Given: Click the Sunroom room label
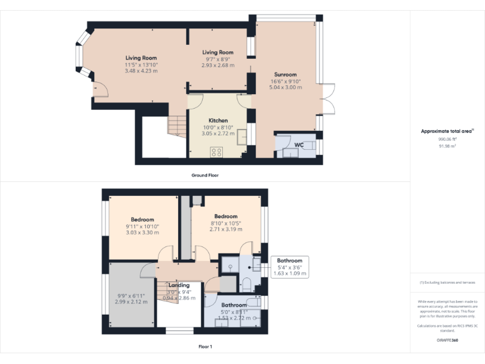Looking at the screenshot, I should (285, 73).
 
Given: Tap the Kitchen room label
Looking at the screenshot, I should (218, 120).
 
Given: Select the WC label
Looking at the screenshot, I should (299, 145).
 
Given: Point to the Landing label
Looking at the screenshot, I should (179, 285).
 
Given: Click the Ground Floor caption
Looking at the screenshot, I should (205, 174).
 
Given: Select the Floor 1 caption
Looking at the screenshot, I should (205, 346).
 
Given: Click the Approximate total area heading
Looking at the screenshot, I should (447, 131).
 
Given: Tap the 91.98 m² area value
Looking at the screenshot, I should (447, 145).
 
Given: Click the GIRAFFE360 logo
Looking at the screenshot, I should (447, 340).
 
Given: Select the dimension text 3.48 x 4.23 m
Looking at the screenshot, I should (141, 71).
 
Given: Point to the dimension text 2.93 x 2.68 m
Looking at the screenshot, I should (218, 65).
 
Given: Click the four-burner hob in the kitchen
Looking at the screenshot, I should (217, 152).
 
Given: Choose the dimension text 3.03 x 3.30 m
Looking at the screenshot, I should (142, 233).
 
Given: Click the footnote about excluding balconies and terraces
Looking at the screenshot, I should (447, 282).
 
